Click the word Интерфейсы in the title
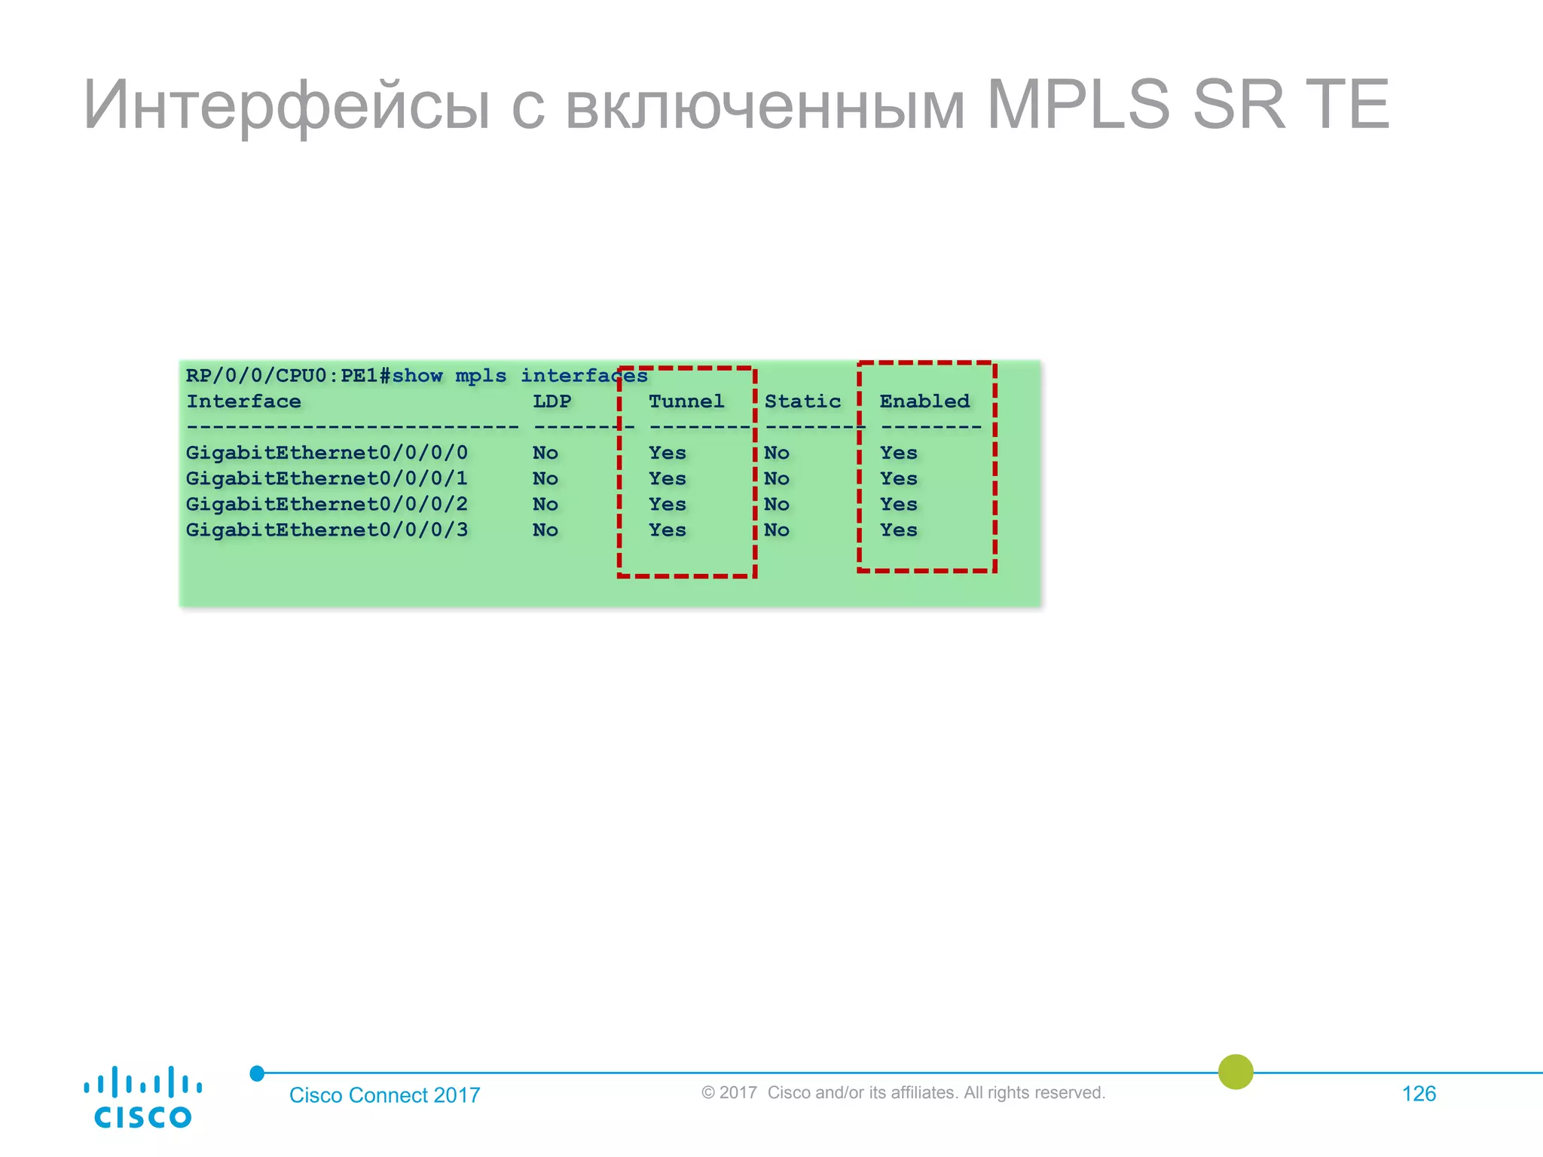tap(286, 105)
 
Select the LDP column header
tap(552, 401)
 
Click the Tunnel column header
tap(686, 401)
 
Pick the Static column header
tap(802, 401)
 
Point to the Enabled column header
tap(924, 401)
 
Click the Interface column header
tap(243, 401)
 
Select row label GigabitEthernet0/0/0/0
tap(326, 453)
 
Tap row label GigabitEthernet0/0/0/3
tap(326, 530)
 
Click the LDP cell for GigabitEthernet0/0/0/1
tap(545, 479)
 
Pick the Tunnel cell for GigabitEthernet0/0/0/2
tap(667, 505)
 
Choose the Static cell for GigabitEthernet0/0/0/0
tap(776, 453)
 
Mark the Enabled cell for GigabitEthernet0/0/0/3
tap(898, 530)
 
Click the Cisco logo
tap(142, 1097)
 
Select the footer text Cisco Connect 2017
tap(384, 1095)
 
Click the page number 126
tap(1418, 1094)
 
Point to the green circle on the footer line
tap(1235, 1072)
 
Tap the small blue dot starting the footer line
tap(257, 1073)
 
